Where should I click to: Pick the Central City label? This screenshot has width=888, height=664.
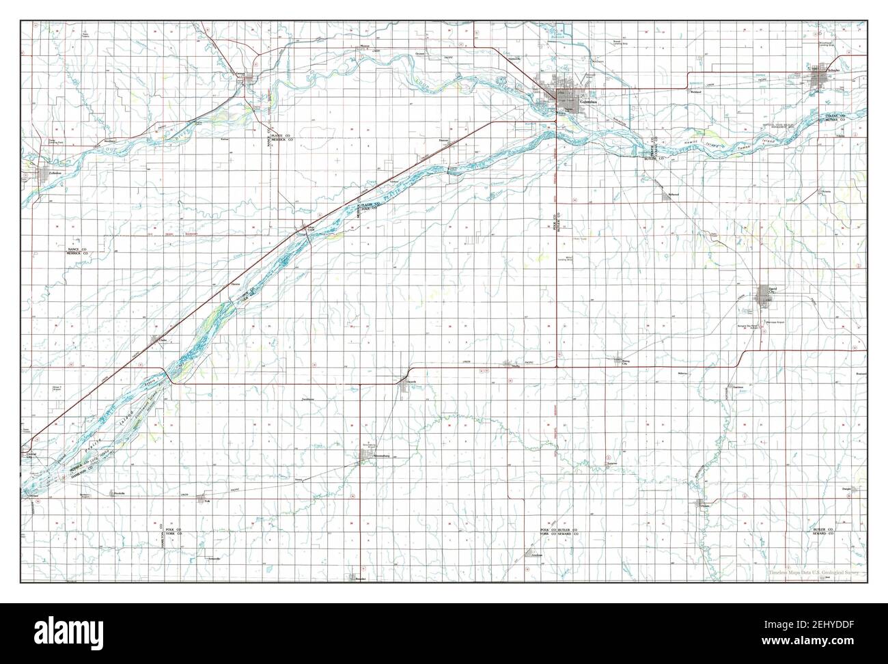click(31, 454)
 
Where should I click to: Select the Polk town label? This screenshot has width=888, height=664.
click(207, 501)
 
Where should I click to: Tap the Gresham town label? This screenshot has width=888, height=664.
click(537, 555)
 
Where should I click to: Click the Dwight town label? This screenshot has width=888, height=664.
click(844, 488)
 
